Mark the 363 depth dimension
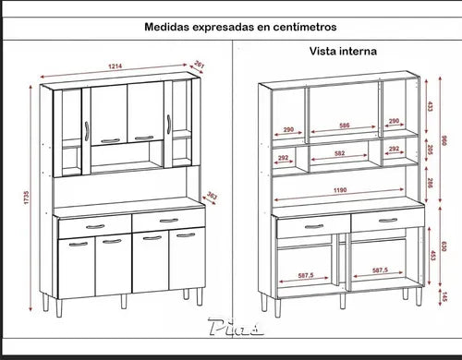tap(212, 196)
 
